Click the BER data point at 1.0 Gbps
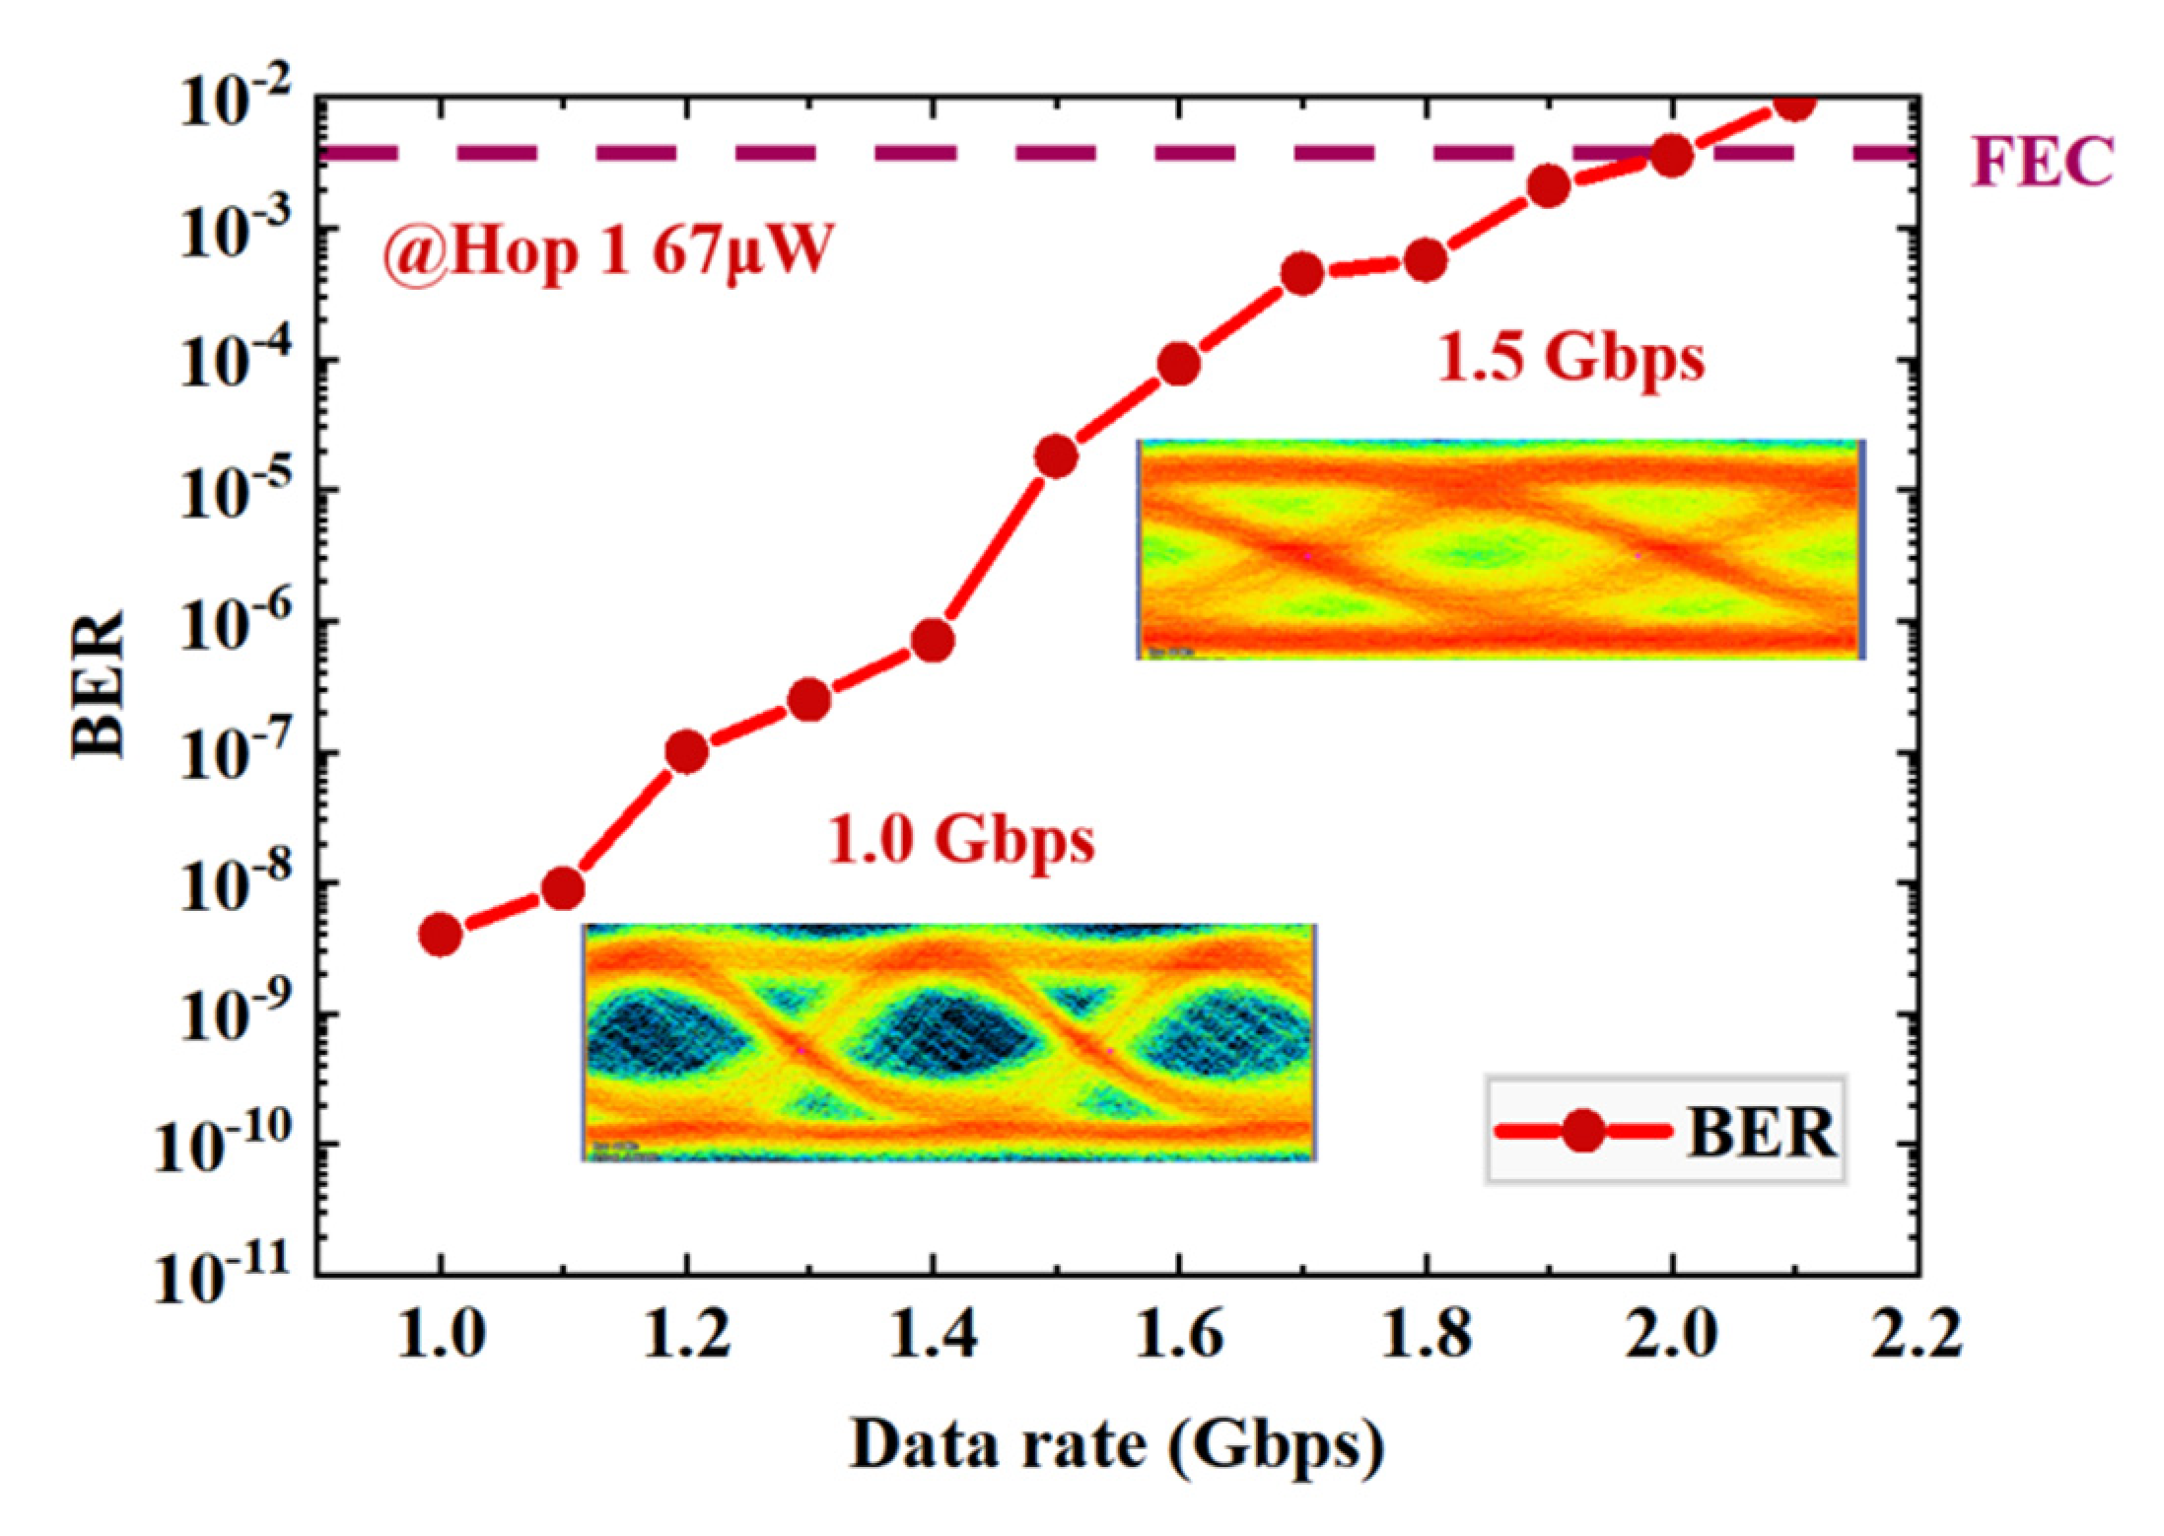[x=441, y=934]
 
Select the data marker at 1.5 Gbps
[x=1056, y=456]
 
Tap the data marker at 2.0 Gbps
[x=1672, y=156]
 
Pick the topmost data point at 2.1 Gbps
[x=1795, y=103]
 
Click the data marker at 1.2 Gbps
[x=687, y=752]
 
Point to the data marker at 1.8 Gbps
[x=1426, y=260]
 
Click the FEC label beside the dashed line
[x=2042, y=162]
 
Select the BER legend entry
[x=1665, y=1134]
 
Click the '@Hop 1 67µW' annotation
[x=607, y=254]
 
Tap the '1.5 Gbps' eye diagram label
[x=1571, y=359]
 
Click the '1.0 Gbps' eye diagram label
[x=961, y=841]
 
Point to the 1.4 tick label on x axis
[x=932, y=1338]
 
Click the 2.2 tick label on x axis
[x=1917, y=1338]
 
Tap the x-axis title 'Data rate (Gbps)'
[x=1117, y=1445]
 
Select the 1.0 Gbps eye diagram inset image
[x=949, y=1042]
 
